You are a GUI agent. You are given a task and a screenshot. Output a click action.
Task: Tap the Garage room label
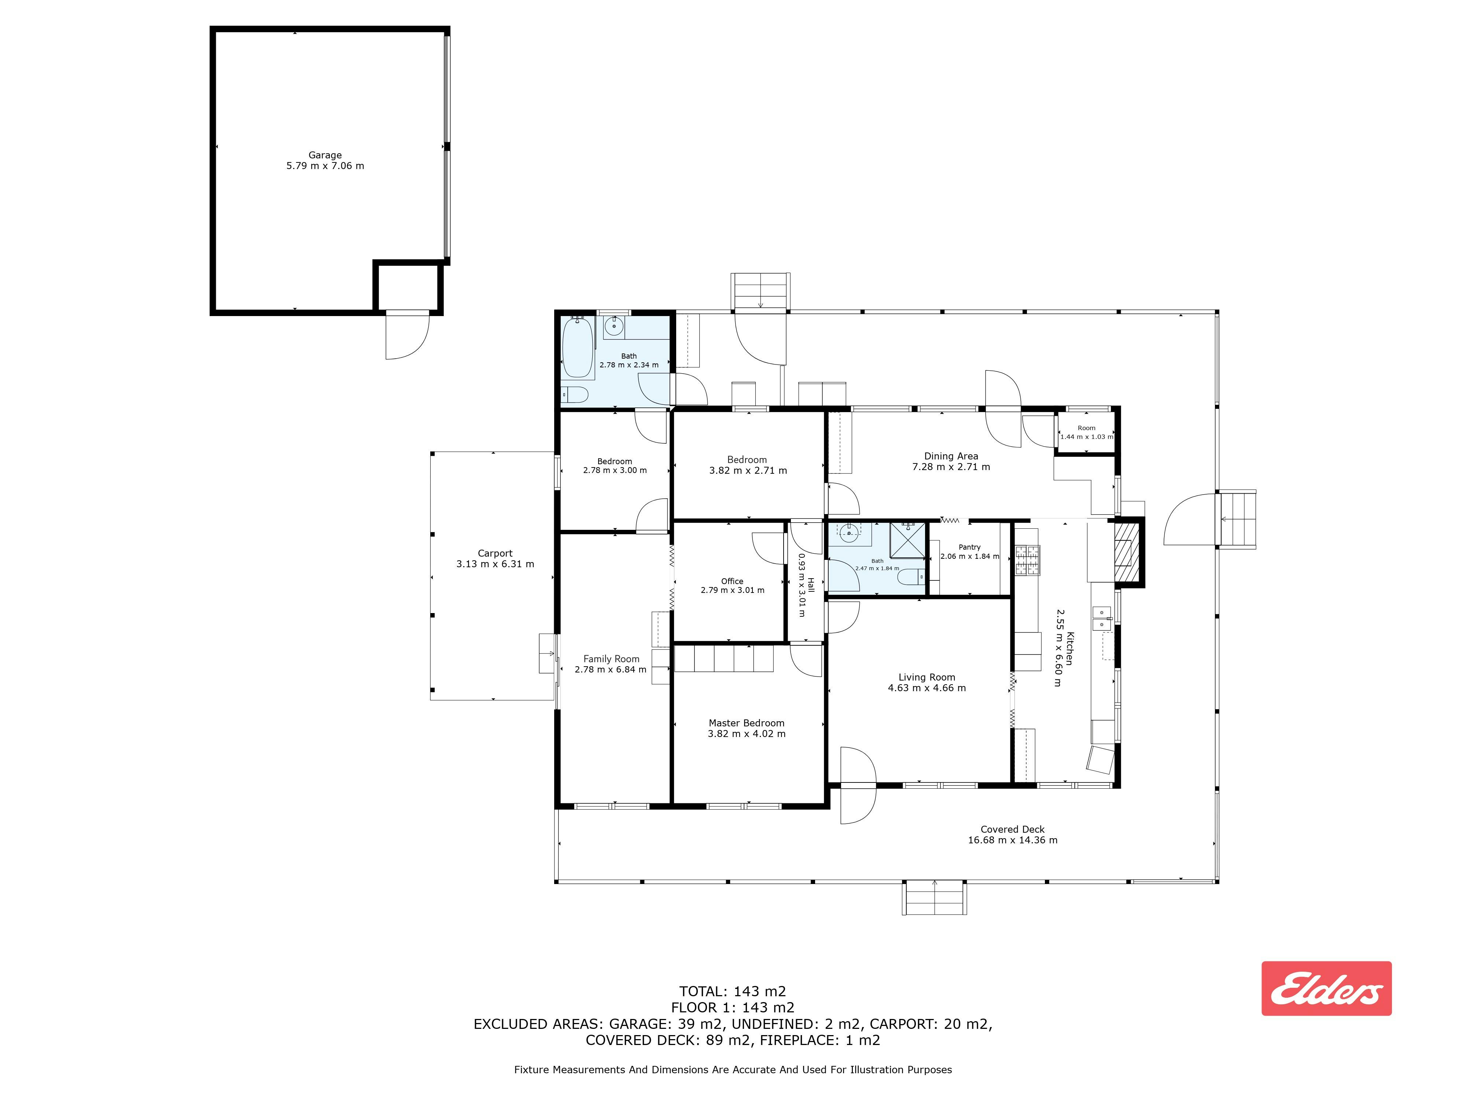(325, 155)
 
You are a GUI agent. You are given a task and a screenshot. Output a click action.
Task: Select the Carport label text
(495, 553)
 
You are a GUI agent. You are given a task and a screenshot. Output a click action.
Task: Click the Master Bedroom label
(746, 723)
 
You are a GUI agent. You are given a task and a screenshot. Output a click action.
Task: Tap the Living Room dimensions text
(927, 687)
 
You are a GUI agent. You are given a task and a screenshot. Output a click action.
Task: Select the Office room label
(732, 581)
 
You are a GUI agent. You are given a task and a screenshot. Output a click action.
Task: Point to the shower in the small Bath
(907, 540)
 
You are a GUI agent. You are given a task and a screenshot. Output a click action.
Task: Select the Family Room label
(611, 659)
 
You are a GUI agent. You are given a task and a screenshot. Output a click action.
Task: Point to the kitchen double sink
(1101, 618)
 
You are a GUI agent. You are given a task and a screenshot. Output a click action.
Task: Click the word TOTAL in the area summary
(703, 991)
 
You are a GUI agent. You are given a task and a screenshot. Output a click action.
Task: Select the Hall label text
(811, 586)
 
